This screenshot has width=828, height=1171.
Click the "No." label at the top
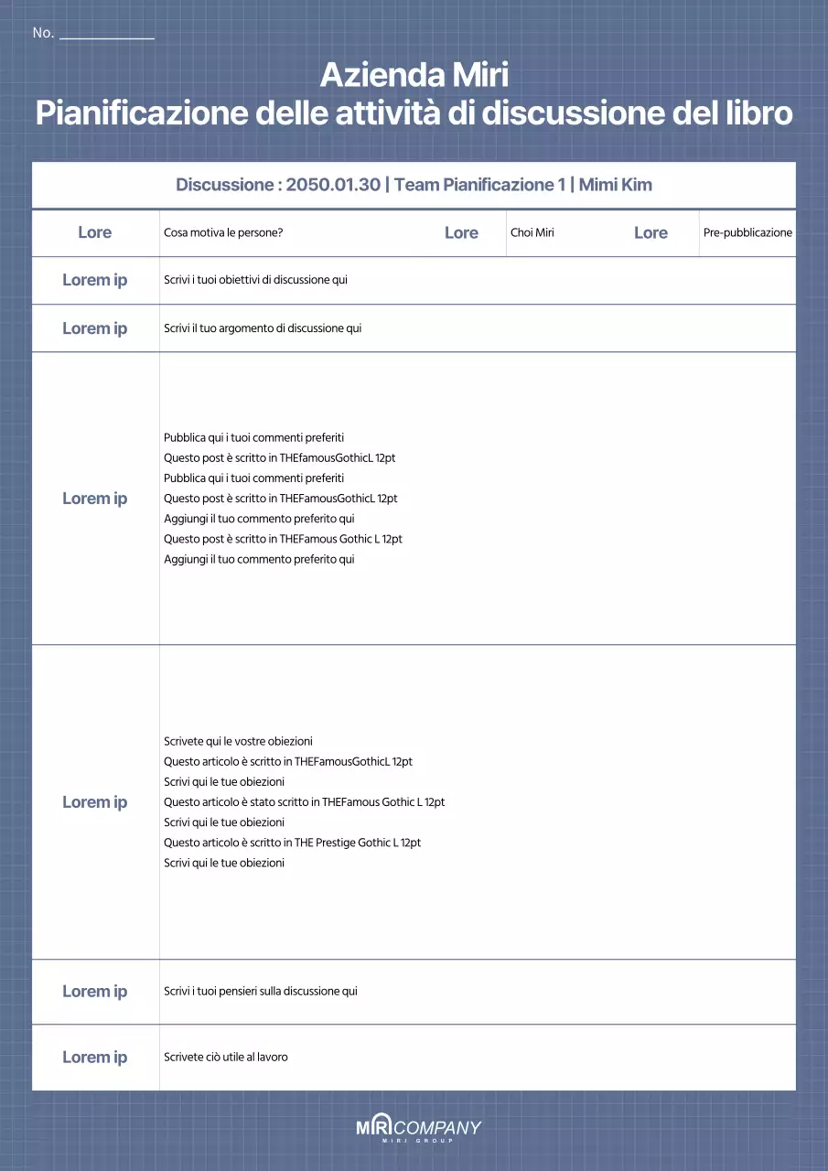pos(43,33)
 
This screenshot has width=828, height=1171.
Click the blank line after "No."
pos(106,37)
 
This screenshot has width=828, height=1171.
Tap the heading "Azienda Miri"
pos(414,73)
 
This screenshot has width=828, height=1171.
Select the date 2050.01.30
pos(332,185)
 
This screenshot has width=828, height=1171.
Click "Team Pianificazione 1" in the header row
pos(479,185)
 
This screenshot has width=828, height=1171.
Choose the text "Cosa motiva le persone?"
pos(223,232)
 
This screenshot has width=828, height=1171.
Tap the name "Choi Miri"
pos(532,232)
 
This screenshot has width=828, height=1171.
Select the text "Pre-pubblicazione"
pos(747,232)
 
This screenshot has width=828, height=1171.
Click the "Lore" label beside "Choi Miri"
pos(461,232)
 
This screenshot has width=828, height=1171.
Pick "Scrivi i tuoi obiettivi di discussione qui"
pos(255,280)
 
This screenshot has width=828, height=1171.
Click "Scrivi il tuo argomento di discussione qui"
pos(263,328)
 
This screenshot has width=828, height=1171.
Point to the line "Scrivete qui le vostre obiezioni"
pos(238,741)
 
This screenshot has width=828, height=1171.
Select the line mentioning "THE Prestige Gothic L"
pos(292,843)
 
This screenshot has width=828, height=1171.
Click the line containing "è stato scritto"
pos(304,802)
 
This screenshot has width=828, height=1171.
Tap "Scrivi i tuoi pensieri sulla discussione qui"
pos(261,991)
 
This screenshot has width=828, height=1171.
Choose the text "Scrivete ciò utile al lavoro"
pos(226,1057)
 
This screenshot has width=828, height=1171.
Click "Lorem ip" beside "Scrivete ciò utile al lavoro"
pos(94,1057)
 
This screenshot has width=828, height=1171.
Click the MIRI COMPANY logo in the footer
pos(418,1129)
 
